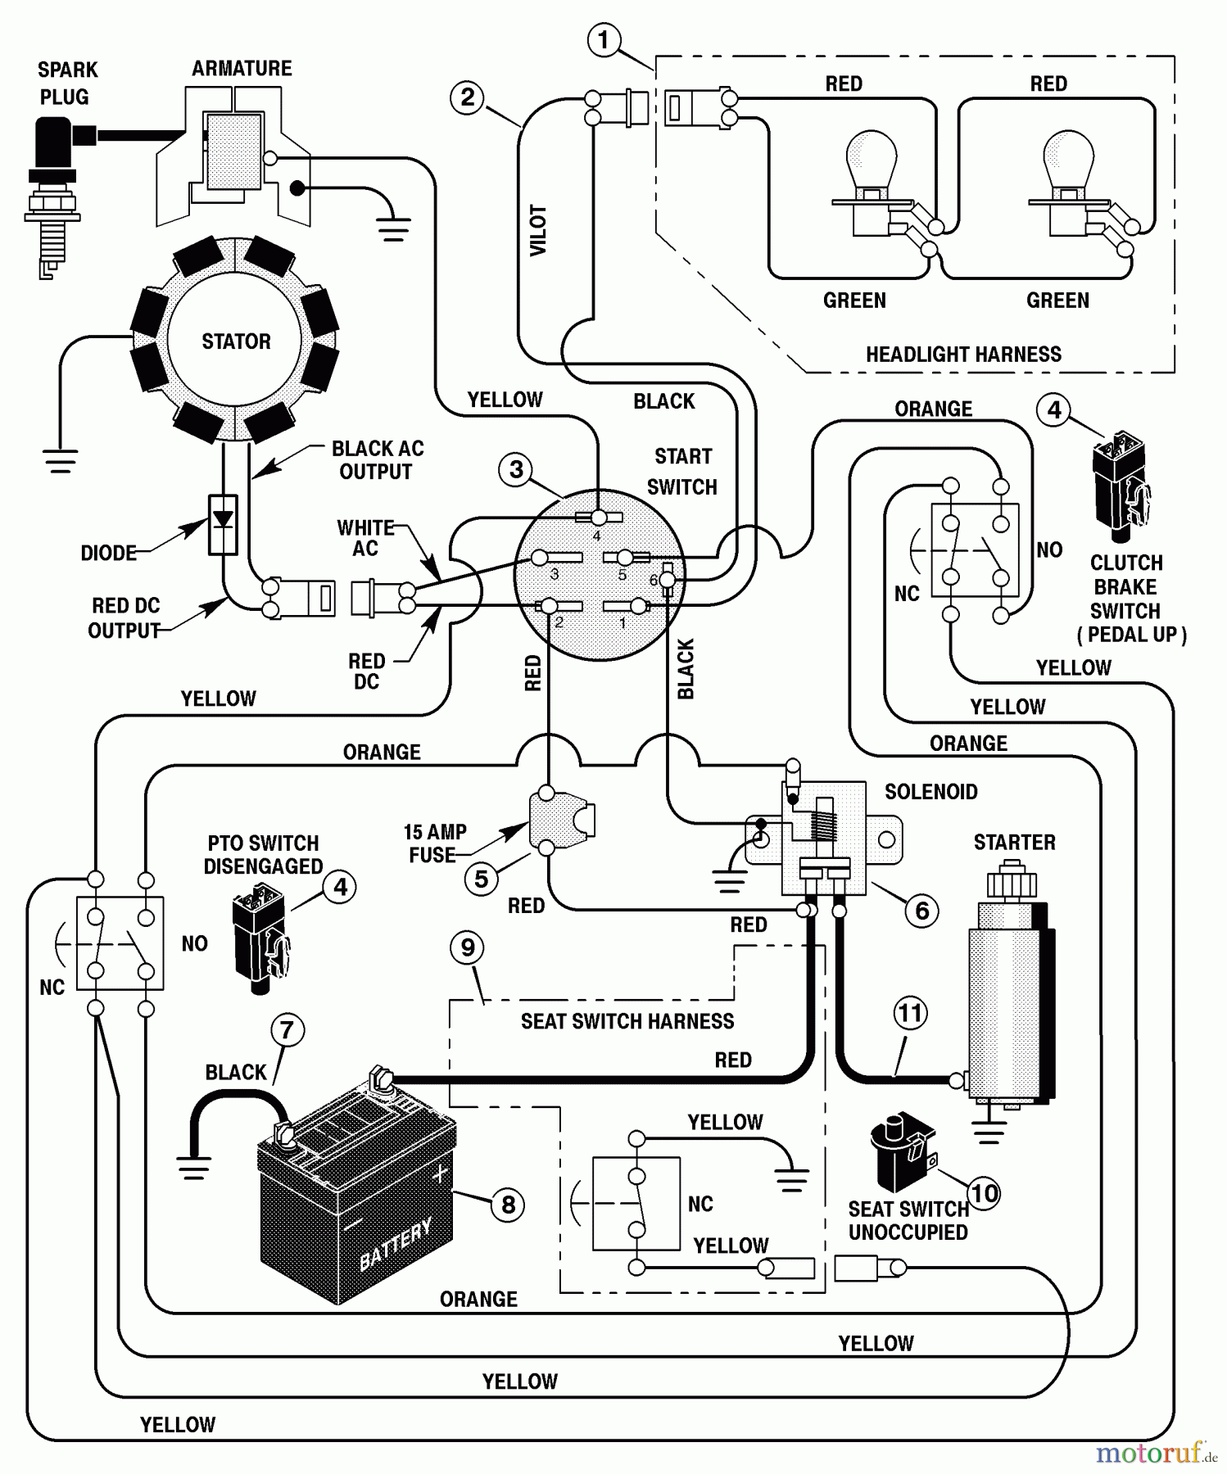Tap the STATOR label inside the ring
tap(236, 341)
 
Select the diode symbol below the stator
tap(223, 524)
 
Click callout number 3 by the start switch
tap(516, 470)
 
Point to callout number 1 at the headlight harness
tap(604, 40)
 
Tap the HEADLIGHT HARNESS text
tap(963, 355)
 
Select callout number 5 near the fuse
tap(482, 879)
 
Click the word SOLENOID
tap(930, 792)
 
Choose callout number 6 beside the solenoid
tap(921, 911)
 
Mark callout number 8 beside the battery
tap(508, 1204)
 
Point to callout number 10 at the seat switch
tap(985, 1193)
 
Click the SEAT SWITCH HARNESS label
tap(627, 1021)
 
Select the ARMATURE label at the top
tap(242, 69)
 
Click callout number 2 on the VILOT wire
tap(467, 98)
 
